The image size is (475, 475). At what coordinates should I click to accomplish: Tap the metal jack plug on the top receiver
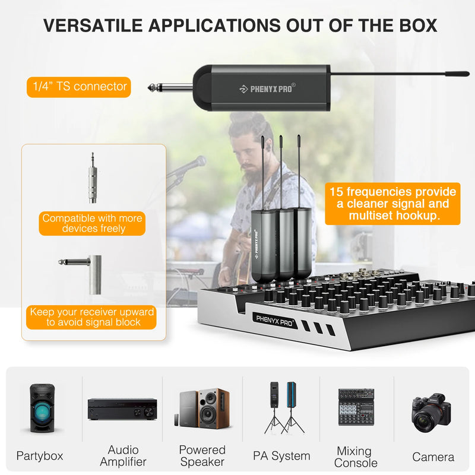coord(169,88)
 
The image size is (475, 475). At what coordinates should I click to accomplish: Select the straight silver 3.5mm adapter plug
coord(93,178)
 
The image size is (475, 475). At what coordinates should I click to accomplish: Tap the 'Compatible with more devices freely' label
coord(92,223)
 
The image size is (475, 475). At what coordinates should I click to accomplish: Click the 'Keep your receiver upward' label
coord(92,317)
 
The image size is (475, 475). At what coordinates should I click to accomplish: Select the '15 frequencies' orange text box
coord(392,204)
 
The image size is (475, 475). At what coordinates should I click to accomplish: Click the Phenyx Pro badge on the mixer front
coord(275,318)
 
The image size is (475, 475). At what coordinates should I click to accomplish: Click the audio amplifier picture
coord(122,408)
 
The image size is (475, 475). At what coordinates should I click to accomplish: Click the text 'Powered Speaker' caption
coord(202,455)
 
